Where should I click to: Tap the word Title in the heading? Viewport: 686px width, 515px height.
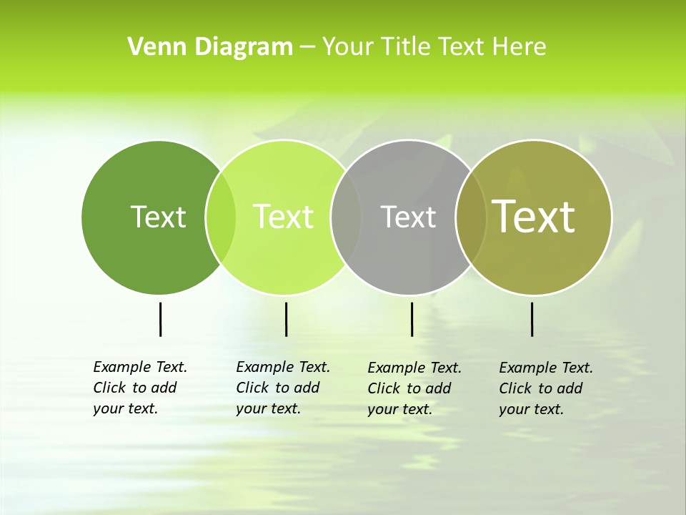coord(406,47)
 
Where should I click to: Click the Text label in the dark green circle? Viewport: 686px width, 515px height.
coord(158,217)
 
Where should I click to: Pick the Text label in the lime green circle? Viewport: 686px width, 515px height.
coord(283,217)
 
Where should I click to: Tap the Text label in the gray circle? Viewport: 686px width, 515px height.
coord(408,217)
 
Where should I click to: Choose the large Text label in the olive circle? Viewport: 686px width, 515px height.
coord(533,217)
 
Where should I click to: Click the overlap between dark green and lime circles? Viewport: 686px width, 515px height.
coord(221,217)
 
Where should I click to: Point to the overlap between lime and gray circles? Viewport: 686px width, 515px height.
coord(346,217)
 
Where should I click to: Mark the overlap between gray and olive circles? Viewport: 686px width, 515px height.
coord(471,217)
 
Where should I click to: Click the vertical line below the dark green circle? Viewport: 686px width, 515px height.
coord(160,319)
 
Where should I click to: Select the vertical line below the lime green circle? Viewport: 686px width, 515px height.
coord(286,319)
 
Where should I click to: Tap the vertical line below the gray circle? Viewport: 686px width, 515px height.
coord(412,319)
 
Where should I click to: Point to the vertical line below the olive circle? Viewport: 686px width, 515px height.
coord(532,319)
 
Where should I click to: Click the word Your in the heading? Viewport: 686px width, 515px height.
coord(348,47)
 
